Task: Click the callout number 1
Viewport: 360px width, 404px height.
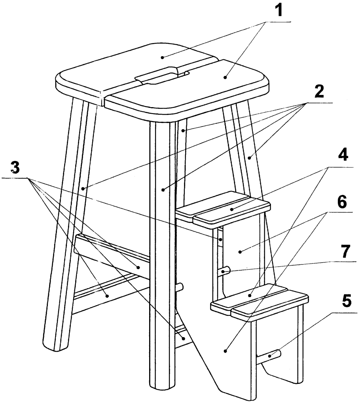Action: click(278, 10)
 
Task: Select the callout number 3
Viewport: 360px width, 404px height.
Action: click(15, 168)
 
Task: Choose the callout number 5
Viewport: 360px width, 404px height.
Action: click(347, 301)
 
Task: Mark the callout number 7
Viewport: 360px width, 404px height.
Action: click(345, 251)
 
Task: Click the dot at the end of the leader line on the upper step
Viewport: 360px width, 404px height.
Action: click(232, 209)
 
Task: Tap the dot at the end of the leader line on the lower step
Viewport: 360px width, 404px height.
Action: click(249, 296)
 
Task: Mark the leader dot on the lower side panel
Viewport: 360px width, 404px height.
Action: click(225, 351)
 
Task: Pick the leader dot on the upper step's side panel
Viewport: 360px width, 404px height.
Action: click(240, 252)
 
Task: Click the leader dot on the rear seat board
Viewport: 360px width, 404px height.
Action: click(162, 57)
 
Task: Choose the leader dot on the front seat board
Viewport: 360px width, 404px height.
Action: click(225, 77)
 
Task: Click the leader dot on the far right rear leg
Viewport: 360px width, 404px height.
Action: click(249, 158)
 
